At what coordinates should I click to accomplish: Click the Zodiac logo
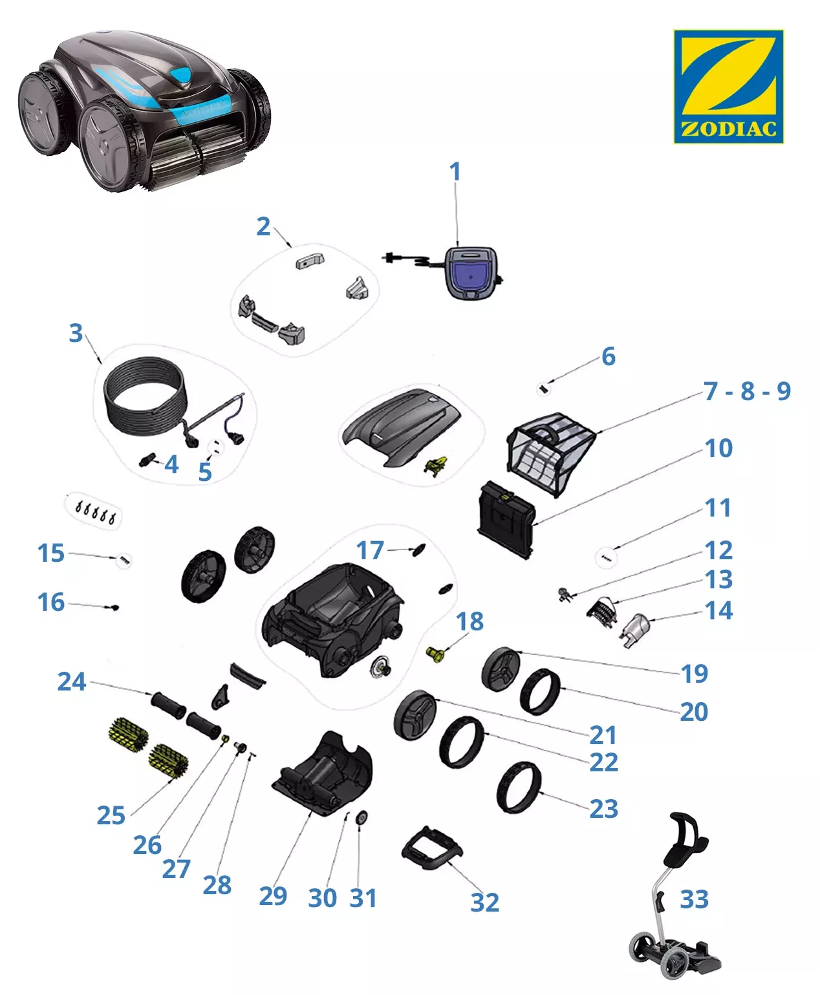point(728,86)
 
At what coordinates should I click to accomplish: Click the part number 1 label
point(455,171)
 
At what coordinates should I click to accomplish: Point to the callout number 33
point(694,899)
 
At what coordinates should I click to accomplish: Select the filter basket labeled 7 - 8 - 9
point(550,454)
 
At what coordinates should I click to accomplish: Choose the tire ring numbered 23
point(519,787)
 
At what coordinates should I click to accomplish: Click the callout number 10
point(718,448)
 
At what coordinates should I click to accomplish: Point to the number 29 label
point(273,895)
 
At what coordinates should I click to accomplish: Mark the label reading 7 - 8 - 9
point(747,391)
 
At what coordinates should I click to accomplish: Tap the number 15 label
point(51,553)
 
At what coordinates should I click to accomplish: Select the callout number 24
point(72,681)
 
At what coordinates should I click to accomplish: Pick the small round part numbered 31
point(362,818)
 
